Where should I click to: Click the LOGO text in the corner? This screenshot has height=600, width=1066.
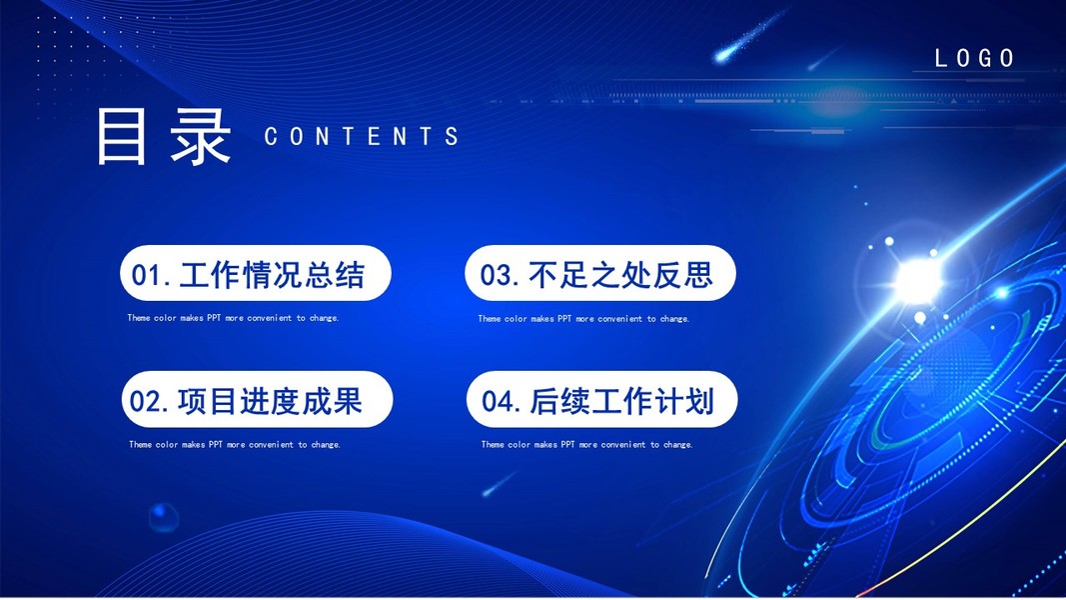[x=975, y=59]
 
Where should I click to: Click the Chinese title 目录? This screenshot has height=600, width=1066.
[x=164, y=136]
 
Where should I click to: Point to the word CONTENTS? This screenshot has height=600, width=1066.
[x=361, y=136]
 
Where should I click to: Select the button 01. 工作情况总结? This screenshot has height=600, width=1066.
[x=256, y=273]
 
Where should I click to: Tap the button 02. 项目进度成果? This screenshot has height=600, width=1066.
[x=257, y=399]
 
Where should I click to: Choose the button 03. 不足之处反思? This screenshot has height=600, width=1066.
[x=600, y=273]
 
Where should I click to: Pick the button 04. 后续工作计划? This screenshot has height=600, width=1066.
[x=601, y=399]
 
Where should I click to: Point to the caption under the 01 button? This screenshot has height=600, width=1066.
[x=233, y=318]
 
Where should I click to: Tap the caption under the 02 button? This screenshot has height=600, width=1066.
[x=235, y=444]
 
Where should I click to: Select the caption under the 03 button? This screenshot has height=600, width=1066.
[x=583, y=318]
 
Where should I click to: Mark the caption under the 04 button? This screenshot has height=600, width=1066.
[x=586, y=444]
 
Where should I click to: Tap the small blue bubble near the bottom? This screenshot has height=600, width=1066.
[x=163, y=517]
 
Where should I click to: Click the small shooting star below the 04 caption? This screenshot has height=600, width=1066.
[x=500, y=483]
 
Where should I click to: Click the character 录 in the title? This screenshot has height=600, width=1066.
[x=201, y=137]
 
